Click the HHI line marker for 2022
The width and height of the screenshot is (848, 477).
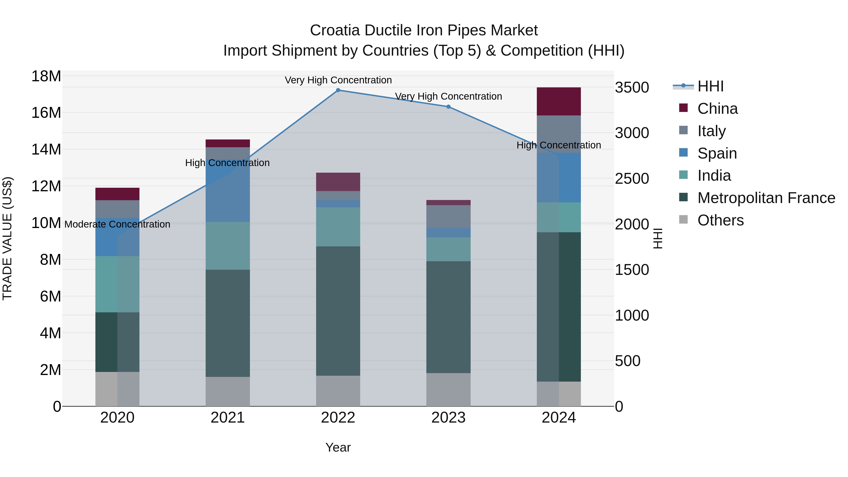[338, 90]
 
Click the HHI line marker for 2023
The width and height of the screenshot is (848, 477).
[448, 107]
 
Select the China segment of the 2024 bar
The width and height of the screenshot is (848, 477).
[559, 101]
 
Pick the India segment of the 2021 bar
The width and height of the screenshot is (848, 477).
[228, 246]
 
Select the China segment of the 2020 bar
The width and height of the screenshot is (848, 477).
[117, 194]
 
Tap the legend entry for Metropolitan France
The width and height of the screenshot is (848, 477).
[766, 198]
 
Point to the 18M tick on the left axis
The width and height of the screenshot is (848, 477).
[46, 76]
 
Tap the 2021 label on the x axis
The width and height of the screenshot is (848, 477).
[228, 418]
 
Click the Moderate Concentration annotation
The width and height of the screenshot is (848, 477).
[117, 224]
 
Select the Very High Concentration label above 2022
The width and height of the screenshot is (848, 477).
[338, 80]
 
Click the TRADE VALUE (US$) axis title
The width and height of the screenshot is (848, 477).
[7, 238]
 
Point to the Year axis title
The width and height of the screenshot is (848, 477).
[338, 447]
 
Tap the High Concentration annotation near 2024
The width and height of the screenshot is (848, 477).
[559, 145]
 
